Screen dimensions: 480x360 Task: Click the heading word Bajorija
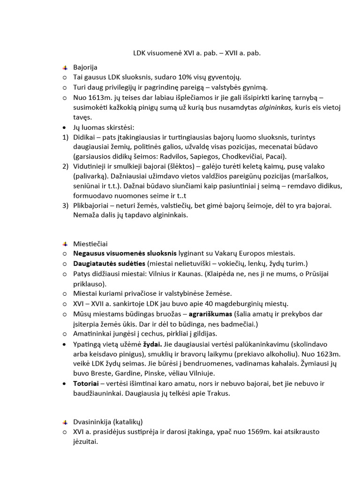pos(85,67)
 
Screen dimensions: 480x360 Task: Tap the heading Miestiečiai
pos(90,244)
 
